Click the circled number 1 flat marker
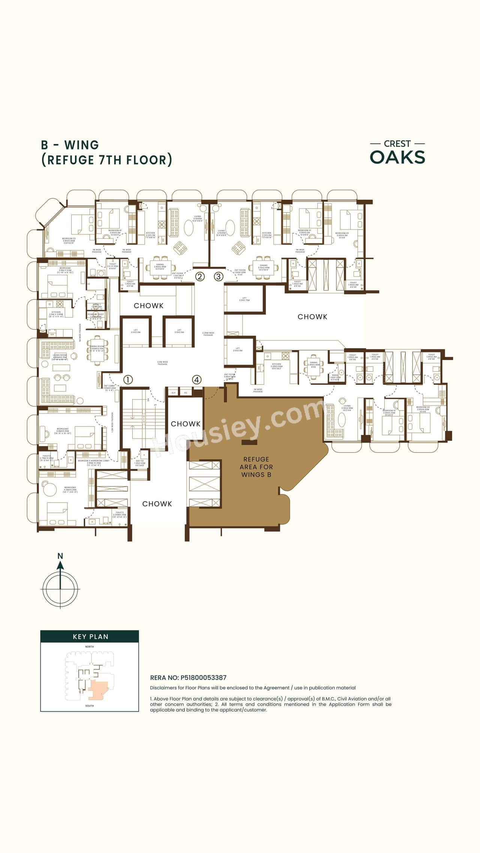tap(128, 380)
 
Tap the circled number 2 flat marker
tap(200, 277)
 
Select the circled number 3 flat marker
tap(219, 277)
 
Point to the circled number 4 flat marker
tap(196, 380)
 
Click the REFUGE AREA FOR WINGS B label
tap(256, 467)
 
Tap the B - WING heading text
tap(70, 145)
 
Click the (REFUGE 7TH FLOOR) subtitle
tap(106, 160)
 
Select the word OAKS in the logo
tap(397, 157)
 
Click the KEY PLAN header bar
tap(90, 636)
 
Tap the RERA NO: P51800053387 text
tap(188, 678)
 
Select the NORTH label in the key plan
tap(89, 647)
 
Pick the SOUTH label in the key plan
tap(89, 706)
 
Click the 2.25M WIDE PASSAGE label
tap(208, 334)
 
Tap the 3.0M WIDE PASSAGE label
tap(162, 363)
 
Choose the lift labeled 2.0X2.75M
tap(244, 299)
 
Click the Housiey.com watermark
tap(240, 427)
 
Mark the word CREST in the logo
tap(397, 144)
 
